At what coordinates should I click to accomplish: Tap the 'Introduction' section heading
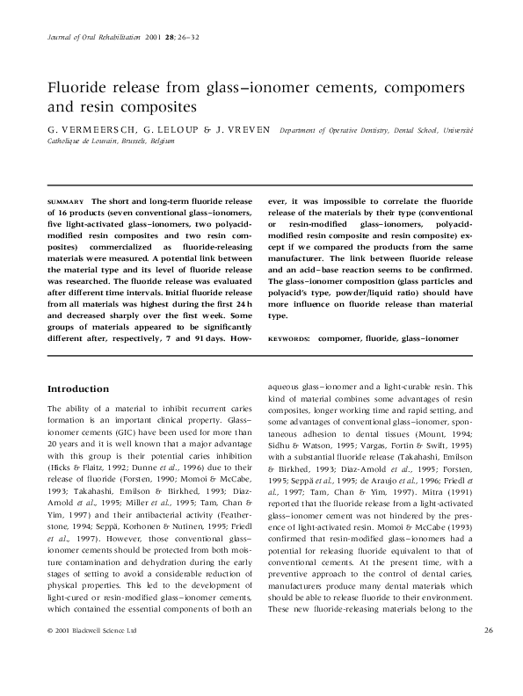pyautogui.click(x=77, y=388)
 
